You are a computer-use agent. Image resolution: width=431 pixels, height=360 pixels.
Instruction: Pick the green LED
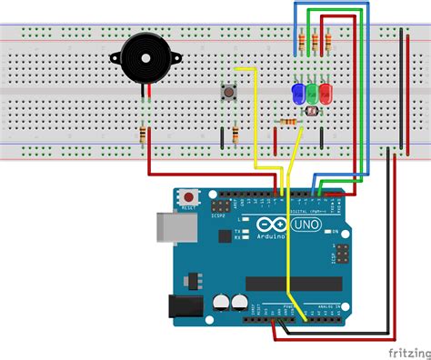tap(311, 92)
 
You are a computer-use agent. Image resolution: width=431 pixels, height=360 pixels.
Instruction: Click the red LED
tap(325, 92)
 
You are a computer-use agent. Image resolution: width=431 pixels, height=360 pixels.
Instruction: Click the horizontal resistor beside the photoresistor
tap(289, 121)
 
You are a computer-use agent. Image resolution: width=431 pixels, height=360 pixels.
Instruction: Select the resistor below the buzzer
tap(144, 135)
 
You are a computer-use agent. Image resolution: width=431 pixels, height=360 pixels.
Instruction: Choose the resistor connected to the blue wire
tap(302, 41)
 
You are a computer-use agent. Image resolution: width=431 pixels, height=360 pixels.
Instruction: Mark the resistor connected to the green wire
tap(315, 41)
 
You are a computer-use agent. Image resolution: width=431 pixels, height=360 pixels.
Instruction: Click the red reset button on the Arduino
tap(189, 195)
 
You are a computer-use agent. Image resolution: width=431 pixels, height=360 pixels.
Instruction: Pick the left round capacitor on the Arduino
tap(221, 300)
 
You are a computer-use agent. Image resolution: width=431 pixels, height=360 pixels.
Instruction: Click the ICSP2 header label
tap(218, 215)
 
